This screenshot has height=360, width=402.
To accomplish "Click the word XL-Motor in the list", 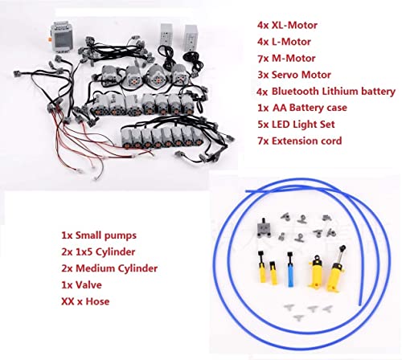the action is pos(294,25).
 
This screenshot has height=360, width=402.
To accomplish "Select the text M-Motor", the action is pos(293,59).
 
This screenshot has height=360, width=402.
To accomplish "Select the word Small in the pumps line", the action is pos(88,235).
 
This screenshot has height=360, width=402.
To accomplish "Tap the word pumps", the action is pos(121,236).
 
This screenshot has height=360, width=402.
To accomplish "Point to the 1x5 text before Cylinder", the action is pos(84,252).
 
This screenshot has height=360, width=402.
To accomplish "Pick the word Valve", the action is pos(88,285).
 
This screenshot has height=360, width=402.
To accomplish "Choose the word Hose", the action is pos(97,301).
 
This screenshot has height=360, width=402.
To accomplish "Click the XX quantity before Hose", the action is pos(68,301).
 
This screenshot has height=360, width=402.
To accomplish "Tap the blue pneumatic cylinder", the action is pos(290,269).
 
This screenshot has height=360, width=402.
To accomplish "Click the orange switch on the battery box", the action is pos(50,40).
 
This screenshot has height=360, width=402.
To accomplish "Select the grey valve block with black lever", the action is pos(264,228).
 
